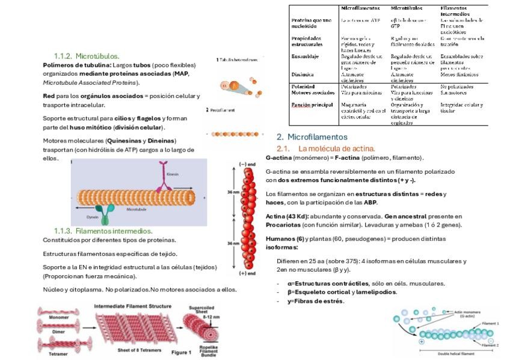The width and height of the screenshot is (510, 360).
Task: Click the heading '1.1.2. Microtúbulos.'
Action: coord(87,55)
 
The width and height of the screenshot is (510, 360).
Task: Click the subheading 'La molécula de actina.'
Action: coord(336,148)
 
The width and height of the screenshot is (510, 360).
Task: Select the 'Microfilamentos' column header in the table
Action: coord(360,8)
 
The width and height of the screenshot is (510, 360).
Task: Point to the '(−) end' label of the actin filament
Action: coord(247,163)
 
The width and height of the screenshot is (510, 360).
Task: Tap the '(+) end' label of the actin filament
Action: coord(247,273)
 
